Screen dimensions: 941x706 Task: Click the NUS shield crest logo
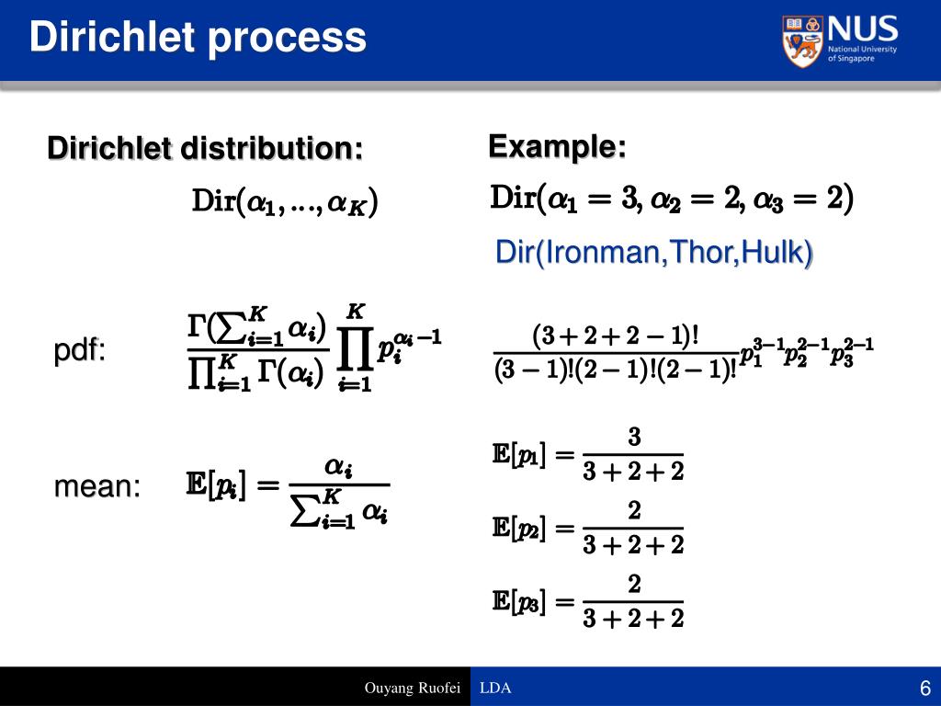(x=802, y=40)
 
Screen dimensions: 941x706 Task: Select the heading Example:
(x=557, y=146)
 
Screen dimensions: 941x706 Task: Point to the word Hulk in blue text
(x=772, y=252)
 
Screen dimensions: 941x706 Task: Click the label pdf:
(x=79, y=350)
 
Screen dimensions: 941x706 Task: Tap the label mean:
(x=97, y=486)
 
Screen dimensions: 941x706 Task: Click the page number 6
(x=925, y=688)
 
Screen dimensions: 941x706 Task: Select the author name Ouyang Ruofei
(x=413, y=688)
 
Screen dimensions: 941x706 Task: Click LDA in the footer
(x=495, y=688)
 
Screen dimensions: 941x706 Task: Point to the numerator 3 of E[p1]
(x=634, y=437)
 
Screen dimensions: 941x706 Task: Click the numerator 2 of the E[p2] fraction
(x=634, y=510)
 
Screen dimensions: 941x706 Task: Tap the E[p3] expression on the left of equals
(x=519, y=601)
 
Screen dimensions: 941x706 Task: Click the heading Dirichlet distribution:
(x=205, y=148)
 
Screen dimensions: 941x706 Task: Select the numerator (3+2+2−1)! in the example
(x=616, y=336)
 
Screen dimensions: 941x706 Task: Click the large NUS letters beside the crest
(x=862, y=28)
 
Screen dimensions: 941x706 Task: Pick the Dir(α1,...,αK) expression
(x=285, y=201)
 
